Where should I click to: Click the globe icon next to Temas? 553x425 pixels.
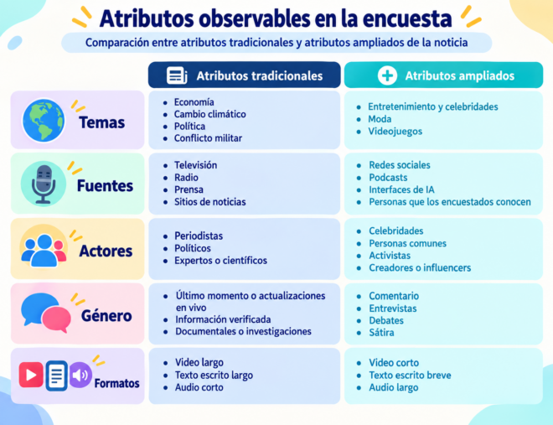(x=44, y=120)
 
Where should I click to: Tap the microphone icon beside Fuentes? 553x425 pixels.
(x=44, y=184)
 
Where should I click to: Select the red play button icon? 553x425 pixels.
(x=31, y=375)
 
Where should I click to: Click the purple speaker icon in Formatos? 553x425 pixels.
(x=80, y=375)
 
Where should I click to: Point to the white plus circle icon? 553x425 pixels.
(x=387, y=75)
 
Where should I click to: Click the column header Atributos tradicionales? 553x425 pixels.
(x=260, y=75)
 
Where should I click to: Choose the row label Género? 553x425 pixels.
(x=106, y=316)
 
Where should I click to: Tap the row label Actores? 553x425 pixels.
(x=106, y=251)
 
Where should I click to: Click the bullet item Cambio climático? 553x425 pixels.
(x=209, y=114)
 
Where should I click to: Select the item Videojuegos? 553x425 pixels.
(x=395, y=132)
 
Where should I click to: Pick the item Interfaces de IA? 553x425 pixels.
(x=401, y=189)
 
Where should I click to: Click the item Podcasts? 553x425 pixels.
(x=388, y=178)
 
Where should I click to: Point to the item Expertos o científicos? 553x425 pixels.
(x=220, y=261)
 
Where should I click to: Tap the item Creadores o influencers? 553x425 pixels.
(x=420, y=267)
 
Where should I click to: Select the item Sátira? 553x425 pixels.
(x=381, y=333)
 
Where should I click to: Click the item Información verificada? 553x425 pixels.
(x=223, y=319)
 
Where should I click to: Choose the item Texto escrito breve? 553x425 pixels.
(x=410, y=375)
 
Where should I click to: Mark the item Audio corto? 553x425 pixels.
(x=199, y=387)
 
